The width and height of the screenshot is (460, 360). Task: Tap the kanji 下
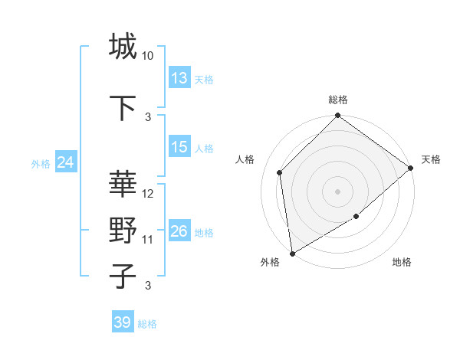123,107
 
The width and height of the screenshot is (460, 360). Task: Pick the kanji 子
123,276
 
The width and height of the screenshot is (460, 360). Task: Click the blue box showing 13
179,78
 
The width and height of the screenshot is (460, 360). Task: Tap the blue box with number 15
179,147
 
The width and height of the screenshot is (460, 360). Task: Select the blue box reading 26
179,231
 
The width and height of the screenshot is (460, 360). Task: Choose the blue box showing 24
65,162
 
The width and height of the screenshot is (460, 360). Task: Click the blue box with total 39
123,322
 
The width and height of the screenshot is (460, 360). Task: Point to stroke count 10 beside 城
148,56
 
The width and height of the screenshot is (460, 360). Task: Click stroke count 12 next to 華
148,194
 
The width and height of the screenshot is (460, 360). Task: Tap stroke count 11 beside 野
148,240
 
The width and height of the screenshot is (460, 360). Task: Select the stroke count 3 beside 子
148,286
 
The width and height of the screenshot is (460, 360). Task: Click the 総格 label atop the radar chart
338,100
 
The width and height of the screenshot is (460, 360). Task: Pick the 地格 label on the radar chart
402,262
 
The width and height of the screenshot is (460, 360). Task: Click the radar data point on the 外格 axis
292,253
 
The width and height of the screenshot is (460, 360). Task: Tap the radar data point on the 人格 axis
280,172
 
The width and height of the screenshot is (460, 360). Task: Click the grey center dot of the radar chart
338,191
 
